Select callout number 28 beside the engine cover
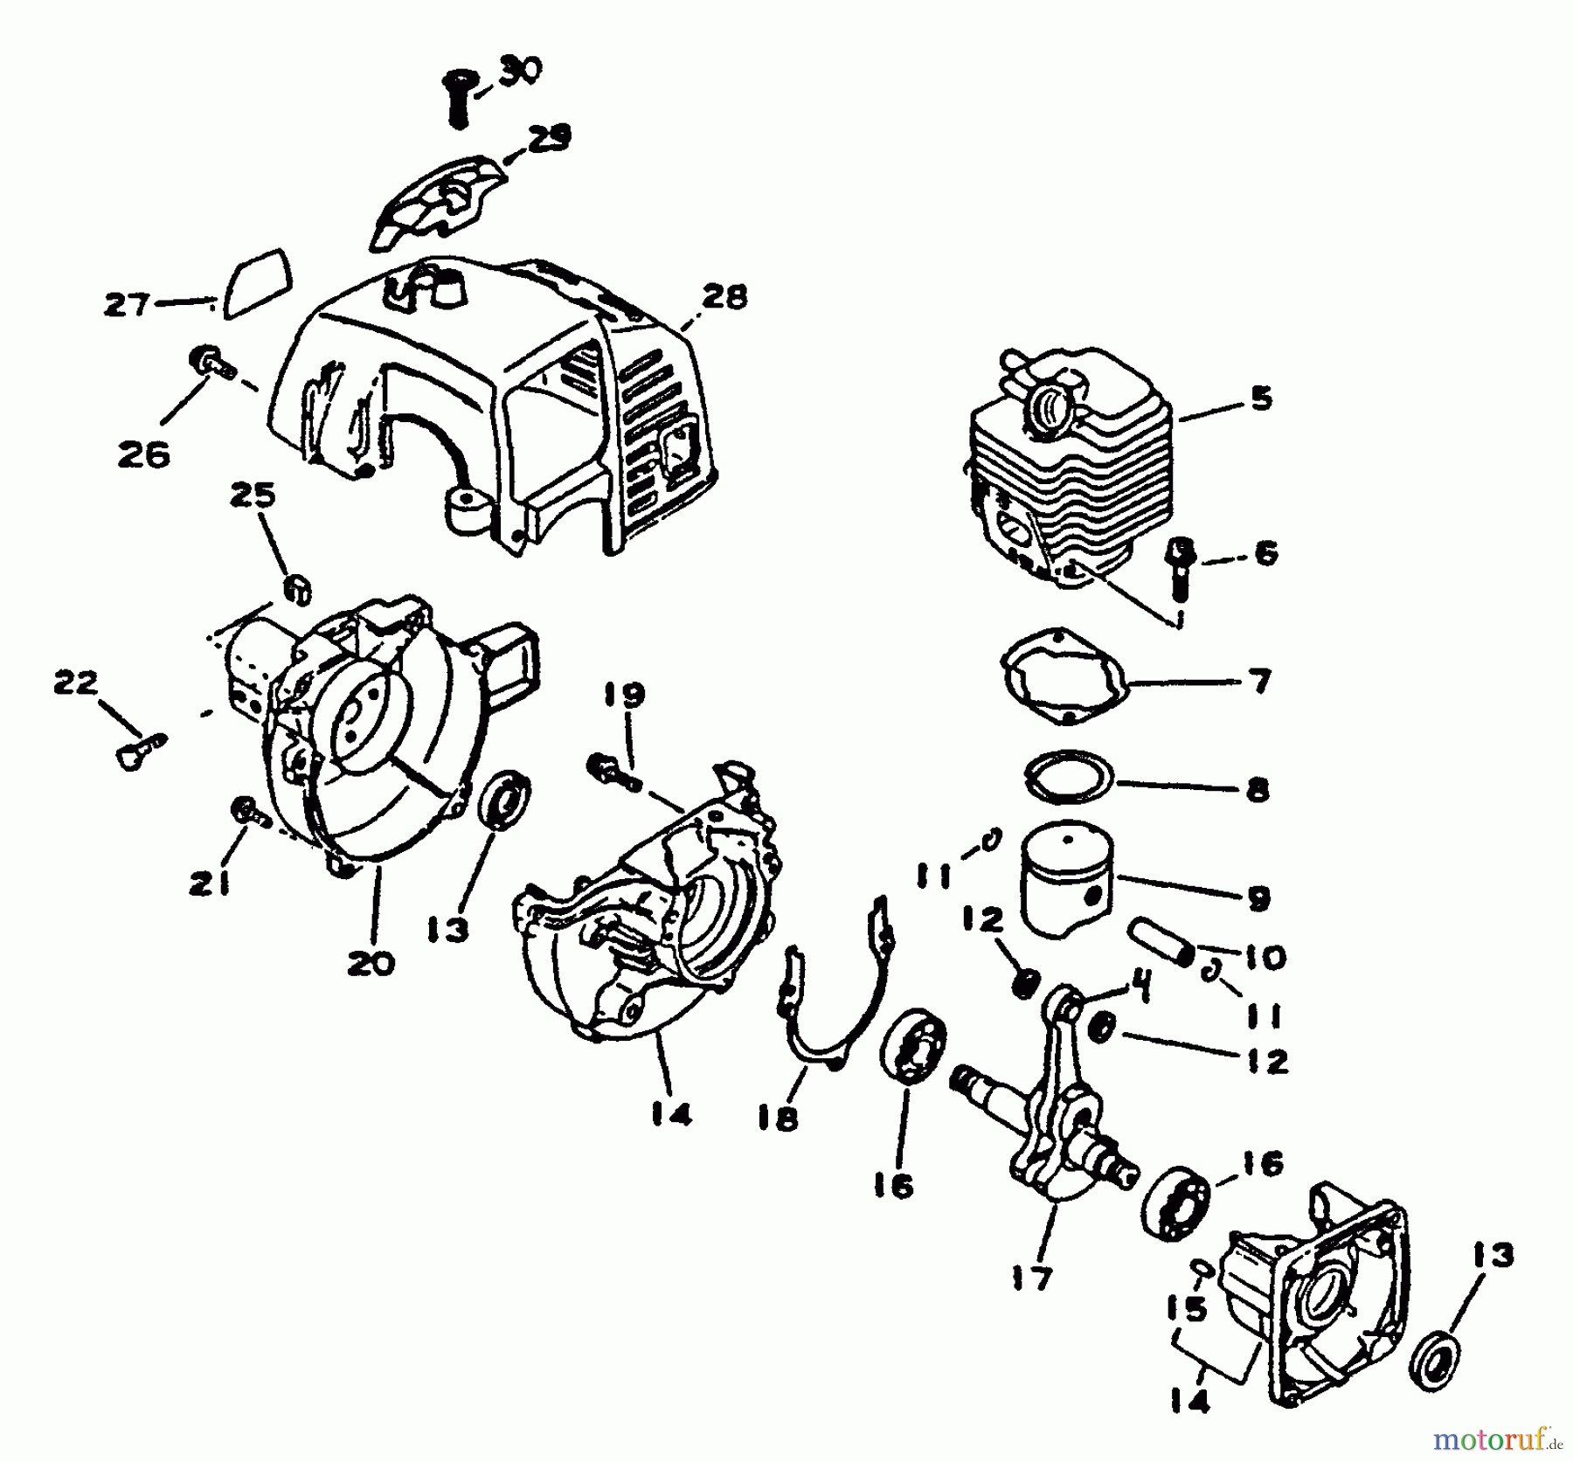tap(724, 297)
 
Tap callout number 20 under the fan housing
tap(371, 963)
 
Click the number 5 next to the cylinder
tap(1260, 398)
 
